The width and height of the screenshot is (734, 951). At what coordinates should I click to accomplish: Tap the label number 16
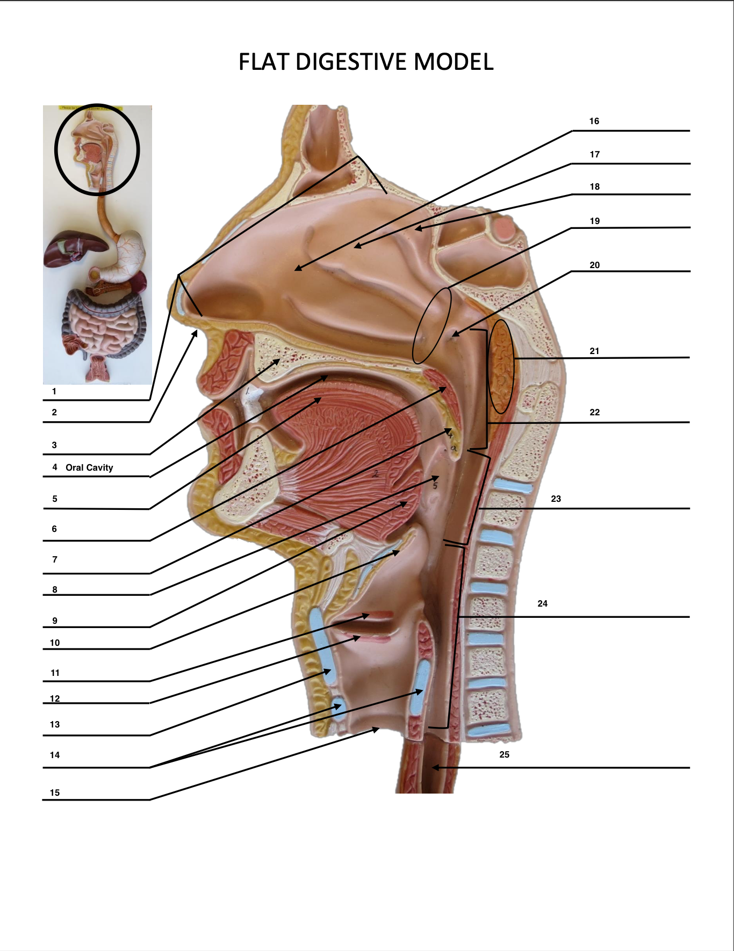[594, 121]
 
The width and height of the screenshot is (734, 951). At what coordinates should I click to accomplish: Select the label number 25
[504, 754]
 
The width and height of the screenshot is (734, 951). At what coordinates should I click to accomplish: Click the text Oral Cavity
[89, 467]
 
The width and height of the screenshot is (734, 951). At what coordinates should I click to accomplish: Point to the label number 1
[54, 391]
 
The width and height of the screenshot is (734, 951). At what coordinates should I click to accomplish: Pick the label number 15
[55, 792]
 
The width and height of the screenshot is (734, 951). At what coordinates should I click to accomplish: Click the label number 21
[594, 351]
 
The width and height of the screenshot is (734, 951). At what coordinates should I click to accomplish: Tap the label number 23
[556, 499]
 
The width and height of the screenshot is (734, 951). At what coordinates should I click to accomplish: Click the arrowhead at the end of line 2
[195, 333]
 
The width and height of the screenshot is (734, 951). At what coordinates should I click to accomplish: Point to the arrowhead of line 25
[435, 768]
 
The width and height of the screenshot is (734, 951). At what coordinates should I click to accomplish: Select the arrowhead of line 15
[377, 729]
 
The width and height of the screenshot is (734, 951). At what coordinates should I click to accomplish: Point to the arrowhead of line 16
[297, 268]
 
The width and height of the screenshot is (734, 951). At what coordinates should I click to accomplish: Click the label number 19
[594, 221]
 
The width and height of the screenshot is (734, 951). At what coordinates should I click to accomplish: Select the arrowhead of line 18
[417, 229]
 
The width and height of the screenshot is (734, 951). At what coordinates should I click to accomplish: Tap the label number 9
[55, 621]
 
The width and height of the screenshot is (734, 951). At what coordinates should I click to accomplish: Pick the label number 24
[542, 603]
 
